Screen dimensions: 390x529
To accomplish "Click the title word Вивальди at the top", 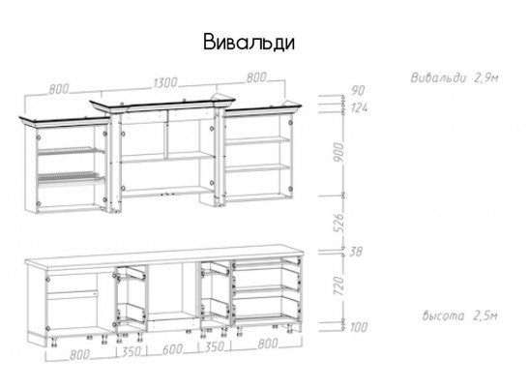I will pos(249,43).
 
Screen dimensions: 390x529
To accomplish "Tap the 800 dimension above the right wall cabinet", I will pos(256,77).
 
